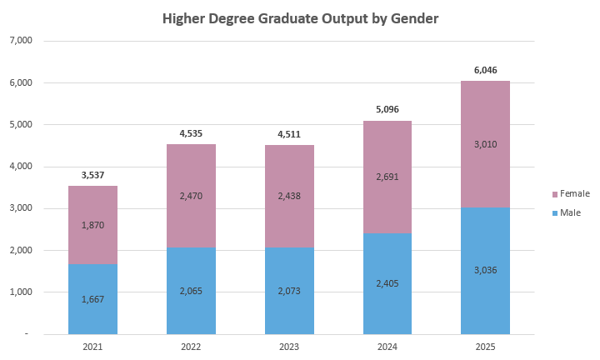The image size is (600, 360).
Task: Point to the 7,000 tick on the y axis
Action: pos(19,41)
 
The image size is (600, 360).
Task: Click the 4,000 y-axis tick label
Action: pos(19,167)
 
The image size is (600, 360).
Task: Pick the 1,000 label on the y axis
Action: pos(19,292)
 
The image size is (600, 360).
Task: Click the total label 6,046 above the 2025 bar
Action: pos(486,70)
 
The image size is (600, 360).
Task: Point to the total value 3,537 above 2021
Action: pos(92,175)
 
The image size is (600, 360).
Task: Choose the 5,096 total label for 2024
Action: pos(387,110)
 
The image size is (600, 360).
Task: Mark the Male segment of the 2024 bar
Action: pos(387,300)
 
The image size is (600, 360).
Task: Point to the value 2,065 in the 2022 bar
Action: pos(191,291)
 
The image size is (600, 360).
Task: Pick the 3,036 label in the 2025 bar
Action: pos(486,270)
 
